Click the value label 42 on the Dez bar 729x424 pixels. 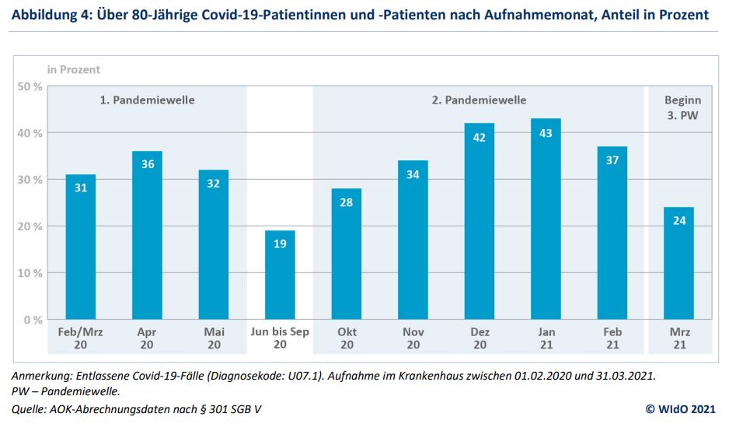(479, 138)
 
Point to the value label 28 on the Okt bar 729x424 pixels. (346, 203)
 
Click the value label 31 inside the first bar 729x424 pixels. (81, 189)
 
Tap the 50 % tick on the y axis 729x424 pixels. (30, 86)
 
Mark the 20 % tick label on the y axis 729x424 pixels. (30, 226)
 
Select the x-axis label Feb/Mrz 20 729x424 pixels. (81, 338)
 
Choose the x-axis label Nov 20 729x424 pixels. (413, 338)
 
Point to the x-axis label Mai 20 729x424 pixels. (214, 338)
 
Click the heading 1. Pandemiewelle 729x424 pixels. (147, 100)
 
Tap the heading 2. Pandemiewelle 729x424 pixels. (479, 100)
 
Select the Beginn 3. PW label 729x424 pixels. (682, 107)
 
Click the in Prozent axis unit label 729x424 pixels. (74, 69)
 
